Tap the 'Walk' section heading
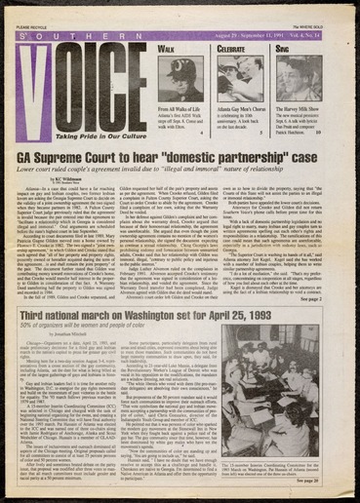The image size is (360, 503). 167,46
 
